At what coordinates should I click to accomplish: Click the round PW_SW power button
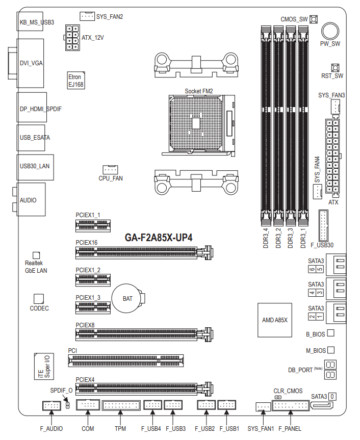tap(330, 31)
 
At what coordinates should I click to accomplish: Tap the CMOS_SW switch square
tap(314, 19)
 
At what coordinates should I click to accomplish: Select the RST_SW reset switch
tap(335, 68)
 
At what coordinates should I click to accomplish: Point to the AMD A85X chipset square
tap(275, 320)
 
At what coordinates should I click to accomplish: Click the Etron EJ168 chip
tap(76, 81)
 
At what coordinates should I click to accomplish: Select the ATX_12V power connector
tap(72, 38)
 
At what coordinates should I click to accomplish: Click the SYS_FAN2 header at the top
tap(87, 16)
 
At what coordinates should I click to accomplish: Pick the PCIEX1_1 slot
tap(93, 225)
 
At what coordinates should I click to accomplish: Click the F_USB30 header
tap(323, 225)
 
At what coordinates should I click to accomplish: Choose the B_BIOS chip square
tap(331, 333)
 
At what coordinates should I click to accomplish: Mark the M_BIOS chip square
tap(331, 350)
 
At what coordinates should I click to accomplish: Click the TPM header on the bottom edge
tap(121, 405)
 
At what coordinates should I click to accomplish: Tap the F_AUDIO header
tap(52, 405)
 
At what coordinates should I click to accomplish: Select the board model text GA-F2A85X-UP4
tap(159, 238)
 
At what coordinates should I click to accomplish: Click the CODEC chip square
tap(39, 299)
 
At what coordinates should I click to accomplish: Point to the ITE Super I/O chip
tap(44, 366)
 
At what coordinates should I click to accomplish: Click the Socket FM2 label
tap(199, 91)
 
